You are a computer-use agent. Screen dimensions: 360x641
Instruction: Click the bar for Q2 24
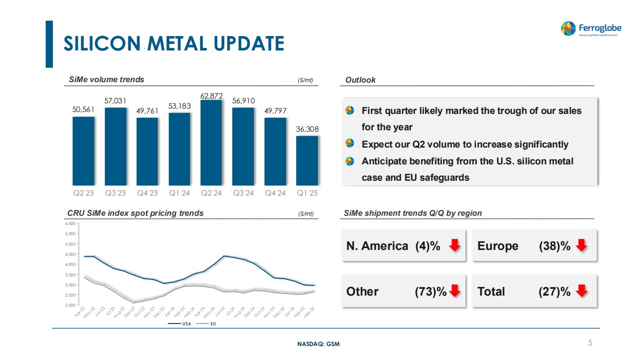pyautogui.click(x=211, y=143)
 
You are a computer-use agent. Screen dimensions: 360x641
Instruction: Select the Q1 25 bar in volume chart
pyautogui.click(x=307, y=161)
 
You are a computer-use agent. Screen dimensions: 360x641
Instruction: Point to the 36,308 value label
pyautogui.click(x=307, y=129)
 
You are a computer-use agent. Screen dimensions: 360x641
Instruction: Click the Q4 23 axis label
pyautogui.click(x=147, y=193)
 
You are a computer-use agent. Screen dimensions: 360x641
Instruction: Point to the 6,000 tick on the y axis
pyautogui.click(x=70, y=223)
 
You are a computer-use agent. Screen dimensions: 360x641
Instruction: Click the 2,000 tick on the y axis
pyautogui.click(x=70, y=305)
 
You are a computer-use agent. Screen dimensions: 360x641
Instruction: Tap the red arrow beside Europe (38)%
pyautogui.click(x=582, y=246)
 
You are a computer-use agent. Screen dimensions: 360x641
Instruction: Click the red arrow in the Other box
pyautogui.click(x=455, y=291)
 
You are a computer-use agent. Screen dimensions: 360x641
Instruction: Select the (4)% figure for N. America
pyautogui.click(x=427, y=246)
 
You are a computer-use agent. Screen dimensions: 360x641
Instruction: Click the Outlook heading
pyautogui.click(x=360, y=80)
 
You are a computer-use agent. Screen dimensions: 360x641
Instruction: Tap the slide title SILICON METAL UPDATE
pyautogui.click(x=174, y=44)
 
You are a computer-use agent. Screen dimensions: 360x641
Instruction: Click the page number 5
pyautogui.click(x=590, y=343)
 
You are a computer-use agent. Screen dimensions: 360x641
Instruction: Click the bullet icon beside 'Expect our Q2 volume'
pyautogui.click(x=350, y=144)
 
